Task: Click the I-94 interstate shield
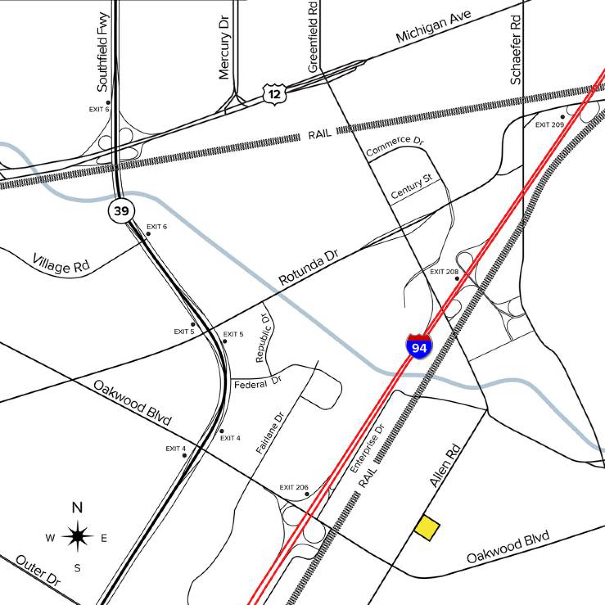coord(419,346)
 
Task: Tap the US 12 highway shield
coord(274,94)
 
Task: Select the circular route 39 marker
coord(121,211)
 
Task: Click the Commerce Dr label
coord(394,146)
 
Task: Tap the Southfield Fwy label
coord(103,52)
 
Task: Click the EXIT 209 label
coord(550,125)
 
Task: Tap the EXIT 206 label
coord(294,487)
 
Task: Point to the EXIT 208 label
coord(444,272)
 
